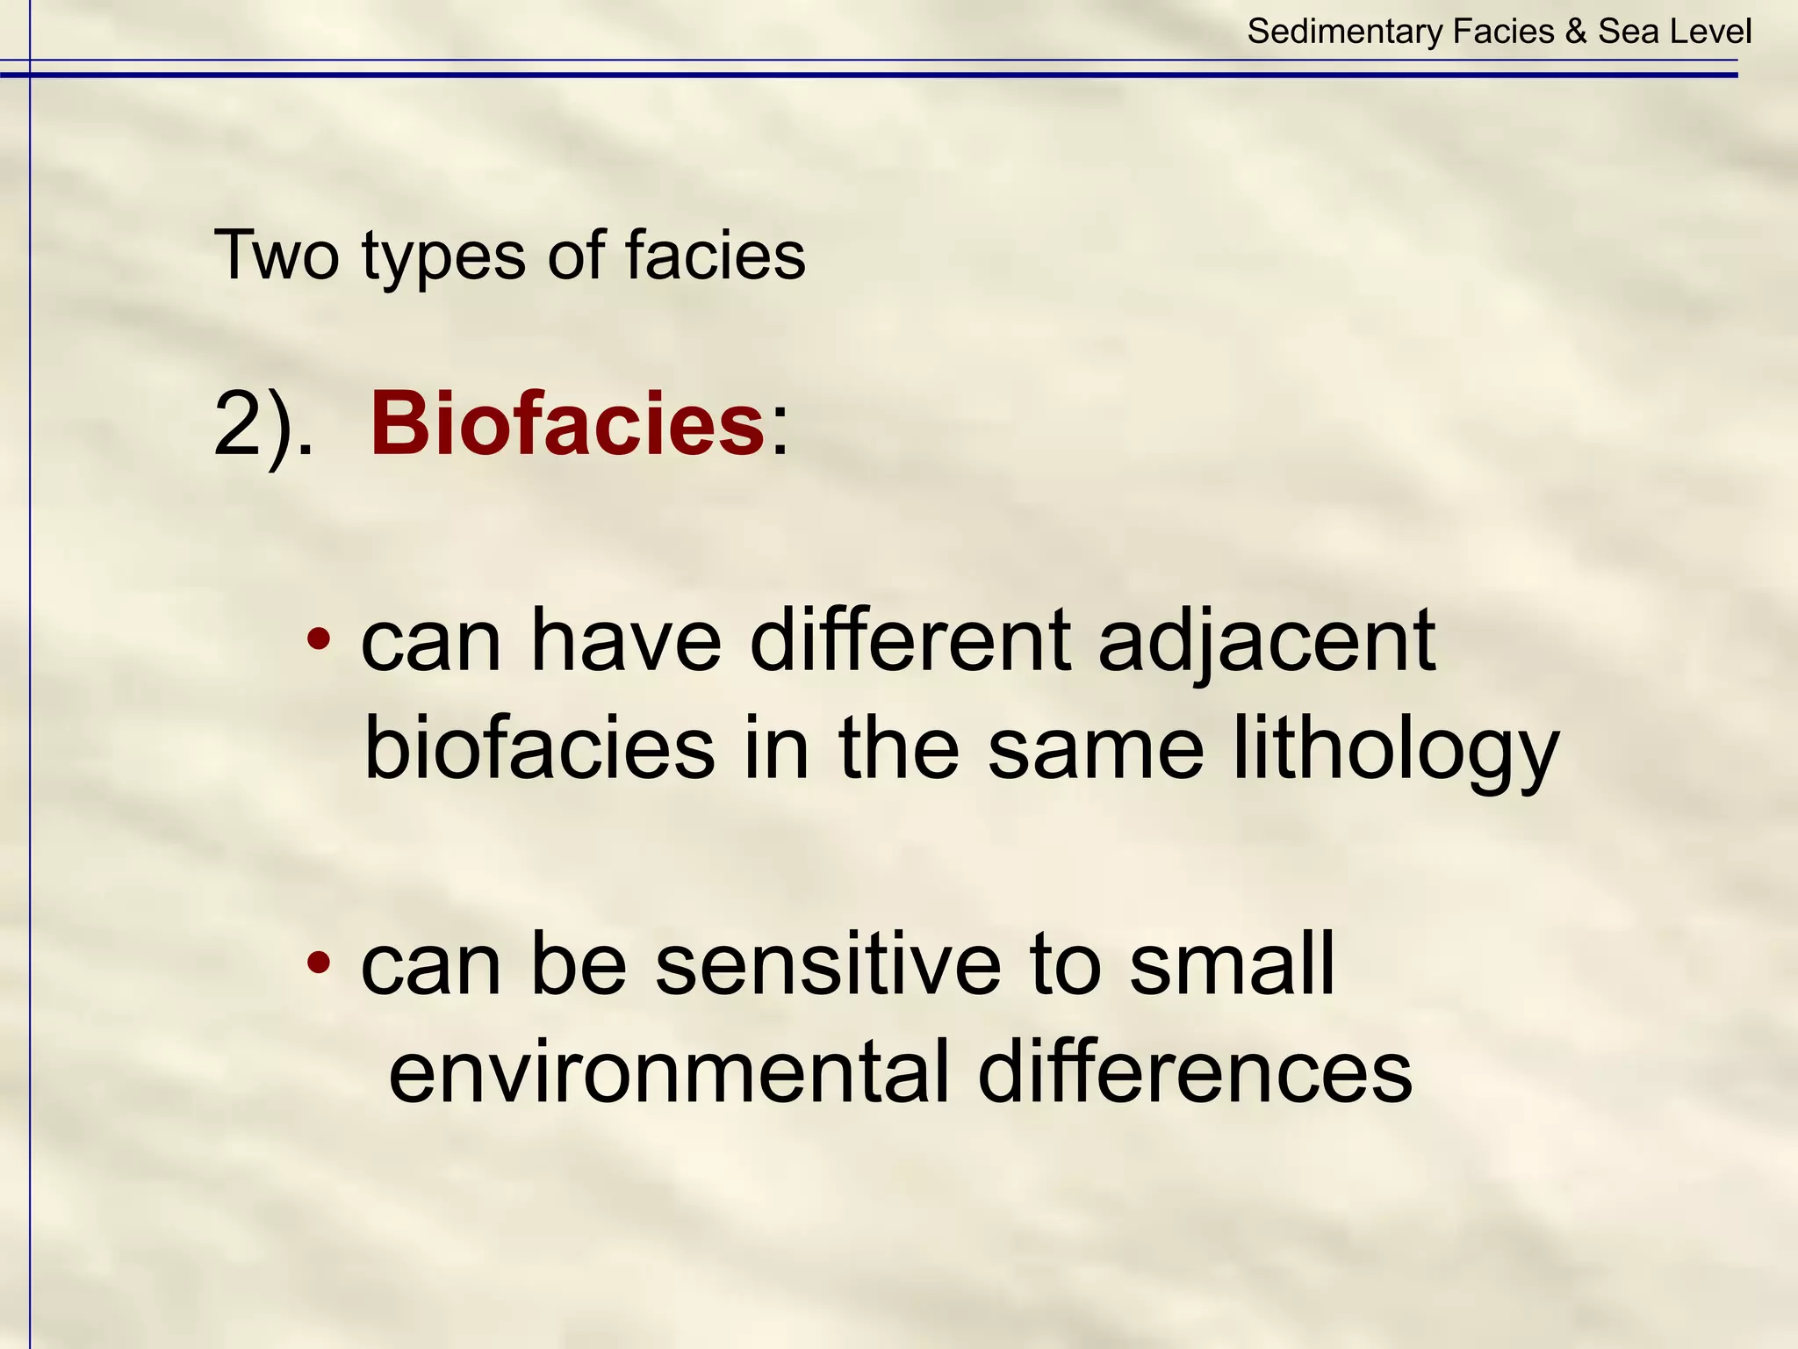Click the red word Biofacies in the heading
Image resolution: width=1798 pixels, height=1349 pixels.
tap(567, 425)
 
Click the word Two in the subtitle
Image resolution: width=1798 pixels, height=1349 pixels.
tap(276, 256)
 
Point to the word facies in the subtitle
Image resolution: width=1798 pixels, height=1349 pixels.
tap(715, 256)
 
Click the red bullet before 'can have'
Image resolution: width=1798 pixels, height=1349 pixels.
tap(320, 639)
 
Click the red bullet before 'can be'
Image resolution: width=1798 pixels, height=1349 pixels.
tap(320, 963)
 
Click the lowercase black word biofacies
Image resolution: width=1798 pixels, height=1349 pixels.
tap(539, 749)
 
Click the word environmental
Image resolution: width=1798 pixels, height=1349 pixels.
tap(669, 1071)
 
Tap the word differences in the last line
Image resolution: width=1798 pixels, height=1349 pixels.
tap(1194, 1071)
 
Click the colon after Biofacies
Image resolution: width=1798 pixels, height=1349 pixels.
tap(779, 435)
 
